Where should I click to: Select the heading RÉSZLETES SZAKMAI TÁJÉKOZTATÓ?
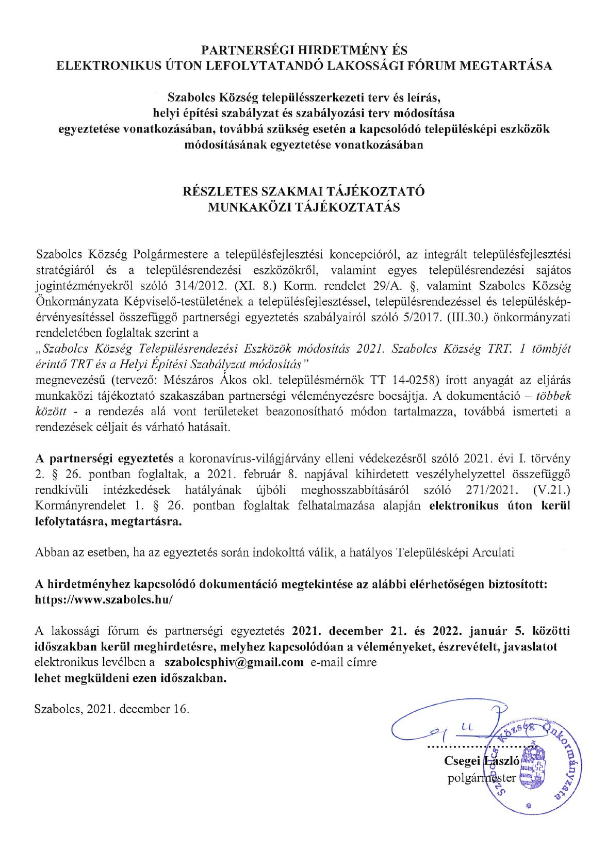point(304,191)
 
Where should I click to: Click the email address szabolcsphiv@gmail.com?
point(234,663)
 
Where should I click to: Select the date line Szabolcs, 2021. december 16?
point(112,709)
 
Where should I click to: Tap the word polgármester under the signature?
point(481,778)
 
